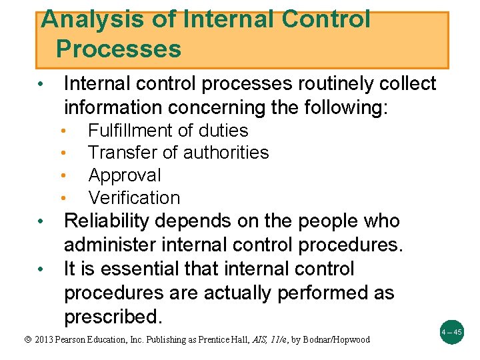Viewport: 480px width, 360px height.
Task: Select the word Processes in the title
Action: (118, 49)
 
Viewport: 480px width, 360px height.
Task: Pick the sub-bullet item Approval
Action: (125, 175)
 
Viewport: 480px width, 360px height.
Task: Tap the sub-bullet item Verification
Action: (134, 198)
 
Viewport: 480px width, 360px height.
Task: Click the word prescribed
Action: (113, 317)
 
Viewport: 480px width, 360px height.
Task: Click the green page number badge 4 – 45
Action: (451, 331)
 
